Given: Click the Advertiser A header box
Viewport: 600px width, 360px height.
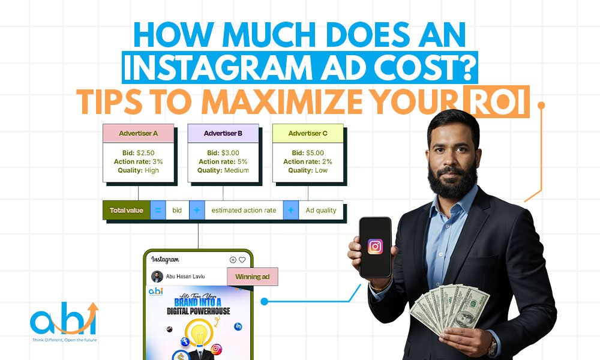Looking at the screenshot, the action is (138, 133).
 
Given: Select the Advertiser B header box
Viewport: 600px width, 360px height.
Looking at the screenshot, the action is (223, 133).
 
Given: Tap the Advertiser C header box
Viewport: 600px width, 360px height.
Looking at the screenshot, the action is (308, 133).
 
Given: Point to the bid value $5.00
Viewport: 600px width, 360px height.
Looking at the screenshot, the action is (315, 152).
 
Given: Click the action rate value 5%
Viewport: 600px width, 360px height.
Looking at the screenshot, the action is (242, 161).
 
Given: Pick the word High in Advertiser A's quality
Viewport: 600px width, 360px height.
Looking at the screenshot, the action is (152, 170).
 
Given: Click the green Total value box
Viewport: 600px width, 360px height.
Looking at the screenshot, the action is (126, 210).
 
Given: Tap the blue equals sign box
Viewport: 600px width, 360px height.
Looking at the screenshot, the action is (158, 210).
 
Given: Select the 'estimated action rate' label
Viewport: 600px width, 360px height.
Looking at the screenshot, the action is (244, 210).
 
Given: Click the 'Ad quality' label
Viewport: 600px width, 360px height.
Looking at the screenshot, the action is (320, 210).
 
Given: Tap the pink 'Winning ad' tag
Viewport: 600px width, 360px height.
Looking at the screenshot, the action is (253, 277).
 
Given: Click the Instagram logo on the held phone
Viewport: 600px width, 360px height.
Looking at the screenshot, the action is (375, 247).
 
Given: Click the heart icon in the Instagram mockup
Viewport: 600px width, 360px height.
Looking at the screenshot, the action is (242, 260).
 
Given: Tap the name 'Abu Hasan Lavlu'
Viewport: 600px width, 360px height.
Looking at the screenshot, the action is (185, 276).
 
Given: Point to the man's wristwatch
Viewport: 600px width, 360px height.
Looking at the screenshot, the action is (492, 348).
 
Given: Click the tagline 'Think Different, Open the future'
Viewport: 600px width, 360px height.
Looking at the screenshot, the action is (65, 340).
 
